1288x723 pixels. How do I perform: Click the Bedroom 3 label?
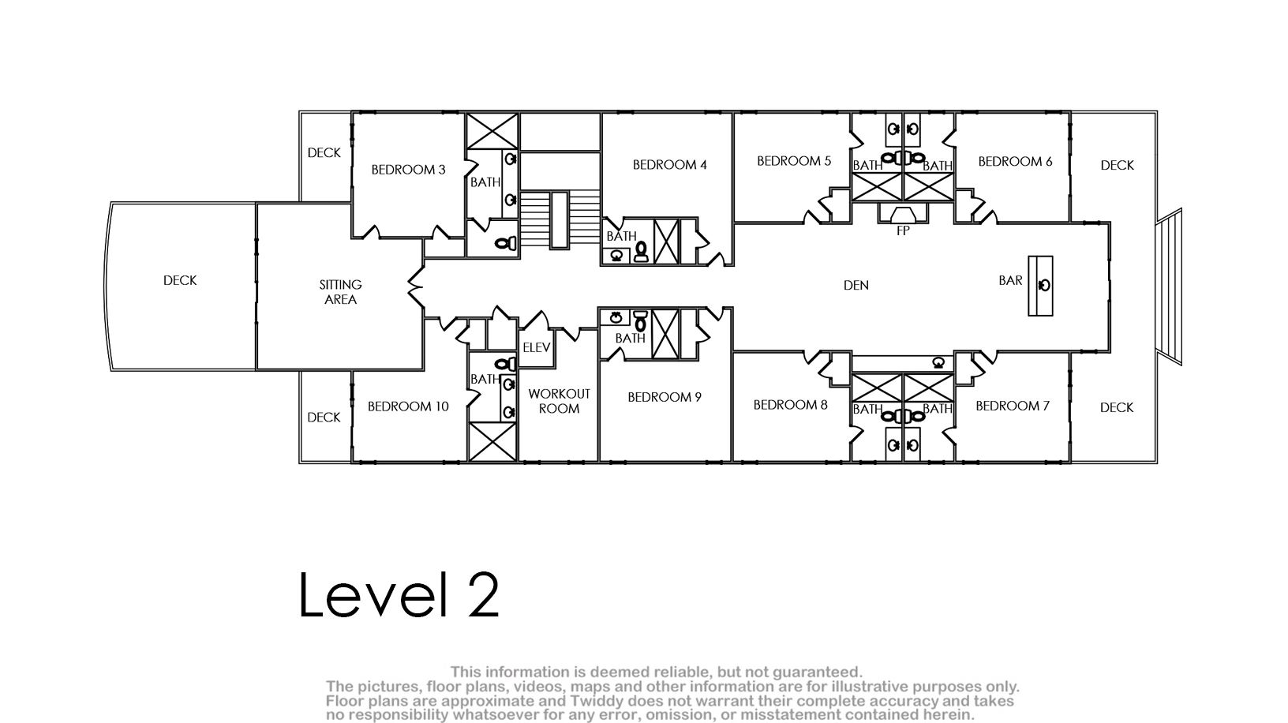pos(408,170)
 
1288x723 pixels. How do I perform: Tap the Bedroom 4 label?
pos(669,165)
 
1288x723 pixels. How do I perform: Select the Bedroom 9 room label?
pos(665,398)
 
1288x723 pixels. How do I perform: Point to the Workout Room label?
pos(559,401)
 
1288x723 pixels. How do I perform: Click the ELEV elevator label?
pos(537,347)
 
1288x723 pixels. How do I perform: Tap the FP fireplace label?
pos(903,230)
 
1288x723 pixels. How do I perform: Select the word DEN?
pos(856,285)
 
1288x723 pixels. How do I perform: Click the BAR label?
pos(1010,281)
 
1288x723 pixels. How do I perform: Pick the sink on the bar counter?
pos(1044,285)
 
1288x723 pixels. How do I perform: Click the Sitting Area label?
pos(340,292)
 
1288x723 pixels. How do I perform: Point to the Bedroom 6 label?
pos(1015,162)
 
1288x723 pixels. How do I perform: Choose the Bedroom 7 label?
pos(1012,406)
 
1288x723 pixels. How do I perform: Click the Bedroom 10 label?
pos(408,406)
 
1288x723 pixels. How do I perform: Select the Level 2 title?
pos(399,595)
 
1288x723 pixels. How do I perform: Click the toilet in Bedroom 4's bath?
pos(641,251)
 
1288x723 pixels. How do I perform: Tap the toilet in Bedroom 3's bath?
pos(506,243)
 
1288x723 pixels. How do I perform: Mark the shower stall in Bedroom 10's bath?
pos(492,441)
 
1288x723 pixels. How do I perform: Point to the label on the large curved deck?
pos(180,281)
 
